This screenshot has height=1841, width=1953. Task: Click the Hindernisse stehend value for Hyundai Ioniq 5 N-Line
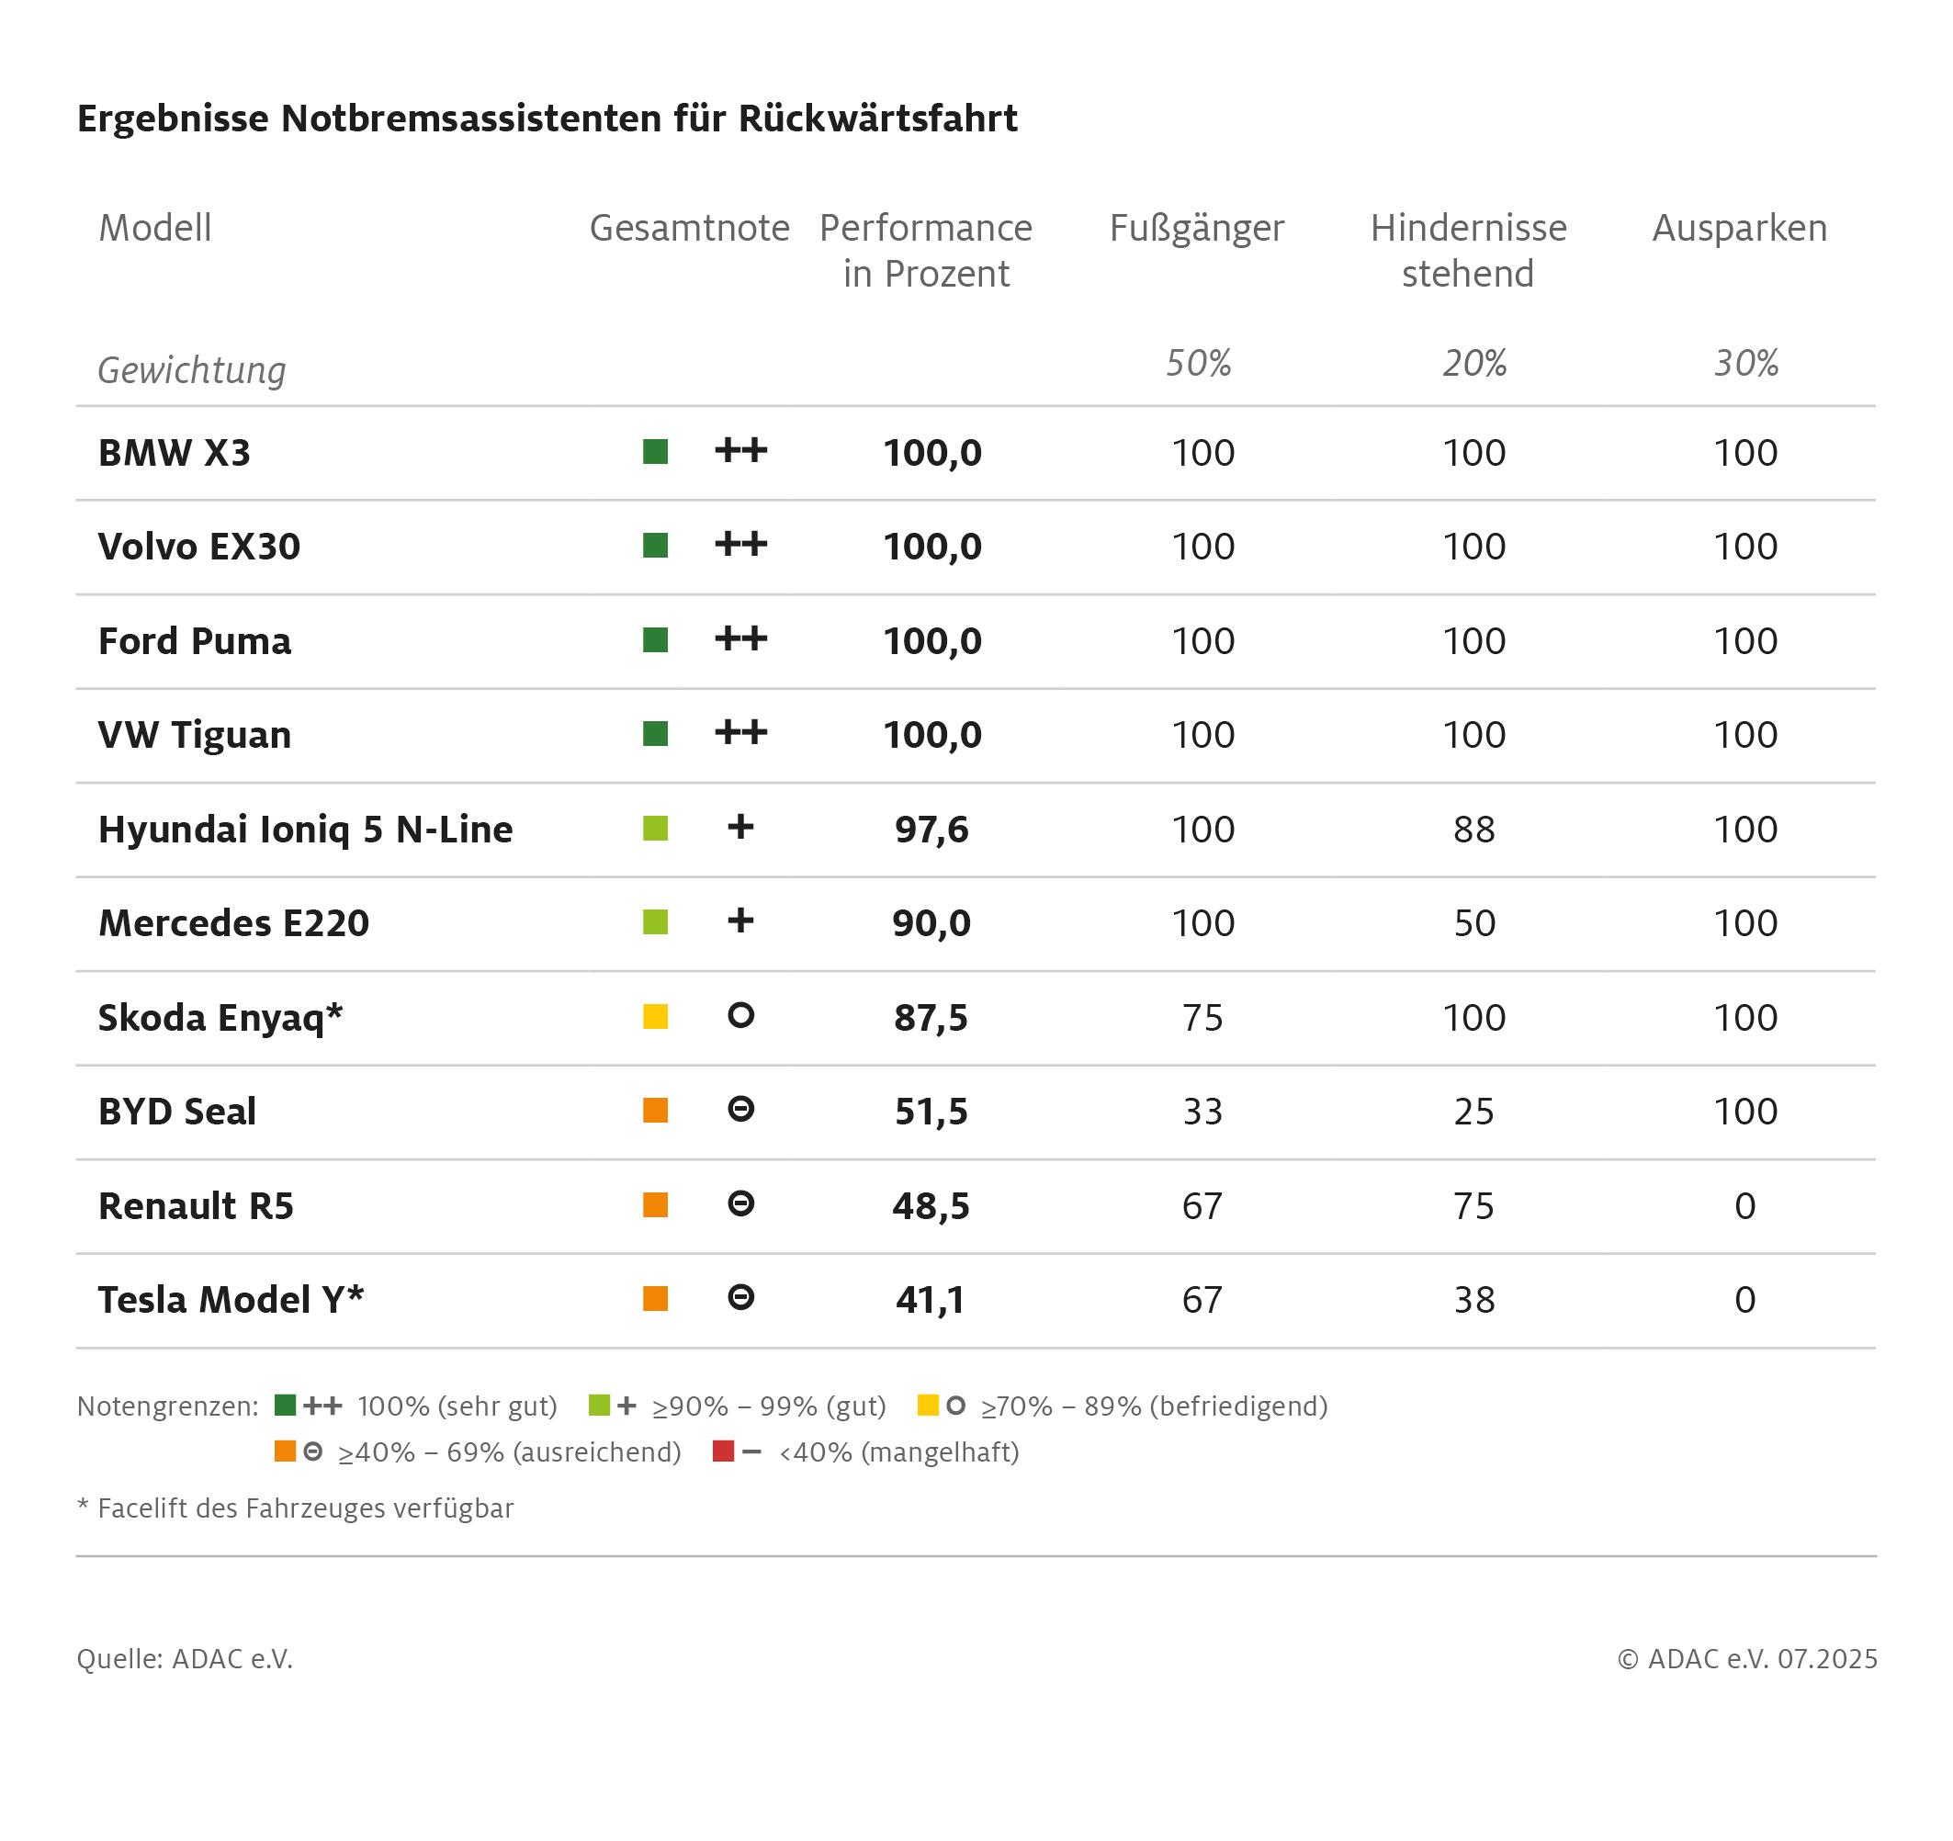pyautogui.click(x=1473, y=830)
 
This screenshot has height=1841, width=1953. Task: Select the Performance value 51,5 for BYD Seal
pyautogui.click(x=931, y=1111)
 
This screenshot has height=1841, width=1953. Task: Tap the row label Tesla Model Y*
pyautogui.click(x=231, y=1300)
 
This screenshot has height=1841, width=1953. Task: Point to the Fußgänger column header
pyautogui.click(x=1197, y=228)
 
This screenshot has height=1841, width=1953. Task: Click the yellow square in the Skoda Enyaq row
pyautogui.click(x=655, y=1017)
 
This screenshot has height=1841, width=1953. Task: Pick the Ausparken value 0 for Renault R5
pyautogui.click(x=1744, y=1205)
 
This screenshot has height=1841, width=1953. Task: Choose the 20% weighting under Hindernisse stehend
pyautogui.click(x=1473, y=364)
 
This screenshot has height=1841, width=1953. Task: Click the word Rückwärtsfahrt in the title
pyautogui.click(x=877, y=118)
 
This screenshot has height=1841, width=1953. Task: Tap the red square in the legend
pyautogui.click(x=723, y=1451)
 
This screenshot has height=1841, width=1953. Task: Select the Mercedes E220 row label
pyautogui.click(x=234, y=923)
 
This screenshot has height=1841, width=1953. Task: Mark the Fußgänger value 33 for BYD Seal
pyautogui.click(x=1202, y=1111)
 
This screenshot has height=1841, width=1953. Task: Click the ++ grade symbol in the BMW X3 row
pyautogui.click(x=740, y=451)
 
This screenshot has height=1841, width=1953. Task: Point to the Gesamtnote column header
pyautogui.click(x=690, y=228)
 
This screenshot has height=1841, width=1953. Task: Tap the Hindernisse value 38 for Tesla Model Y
pyautogui.click(x=1473, y=1300)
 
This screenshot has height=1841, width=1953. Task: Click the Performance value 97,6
pyautogui.click(x=931, y=830)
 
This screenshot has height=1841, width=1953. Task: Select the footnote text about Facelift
pyautogui.click(x=296, y=1508)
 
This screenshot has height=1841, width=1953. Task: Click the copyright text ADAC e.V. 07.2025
pyautogui.click(x=1746, y=1659)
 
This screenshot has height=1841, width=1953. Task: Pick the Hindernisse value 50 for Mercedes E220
pyautogui.click(x=1473, y=923)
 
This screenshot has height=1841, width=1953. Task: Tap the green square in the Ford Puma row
pyautogui.click(x=655, y=640)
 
